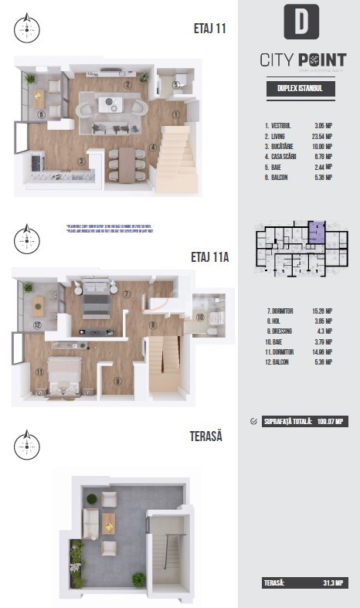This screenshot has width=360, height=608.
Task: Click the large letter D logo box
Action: click(301, 22)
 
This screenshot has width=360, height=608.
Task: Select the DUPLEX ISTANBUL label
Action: click(300, 89)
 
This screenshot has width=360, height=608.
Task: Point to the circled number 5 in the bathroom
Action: click(176, 85)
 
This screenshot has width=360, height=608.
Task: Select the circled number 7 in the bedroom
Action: click(126, 294)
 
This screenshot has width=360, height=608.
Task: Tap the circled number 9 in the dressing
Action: click(117, 379)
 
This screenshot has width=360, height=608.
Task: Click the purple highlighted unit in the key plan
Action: click(317, 233)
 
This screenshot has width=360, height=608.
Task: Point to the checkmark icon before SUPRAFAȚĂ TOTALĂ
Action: click(255, 421)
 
